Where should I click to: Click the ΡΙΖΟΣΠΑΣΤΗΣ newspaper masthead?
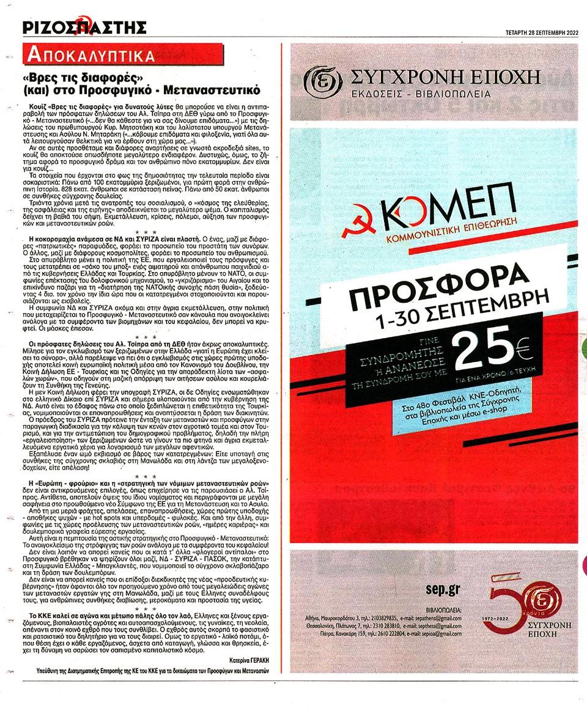(x=84, y=27)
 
